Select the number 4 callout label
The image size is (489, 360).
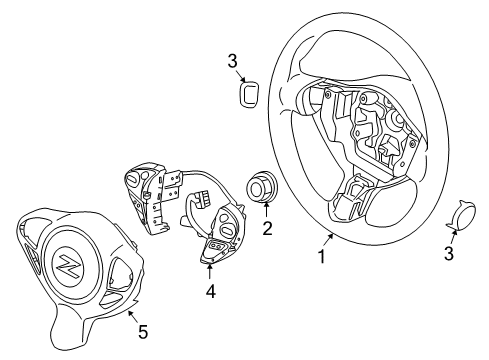[210, 293]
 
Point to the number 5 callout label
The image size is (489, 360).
[141, 331]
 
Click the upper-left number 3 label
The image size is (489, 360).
[233, 62]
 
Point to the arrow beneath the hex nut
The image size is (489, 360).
[266, 211]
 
